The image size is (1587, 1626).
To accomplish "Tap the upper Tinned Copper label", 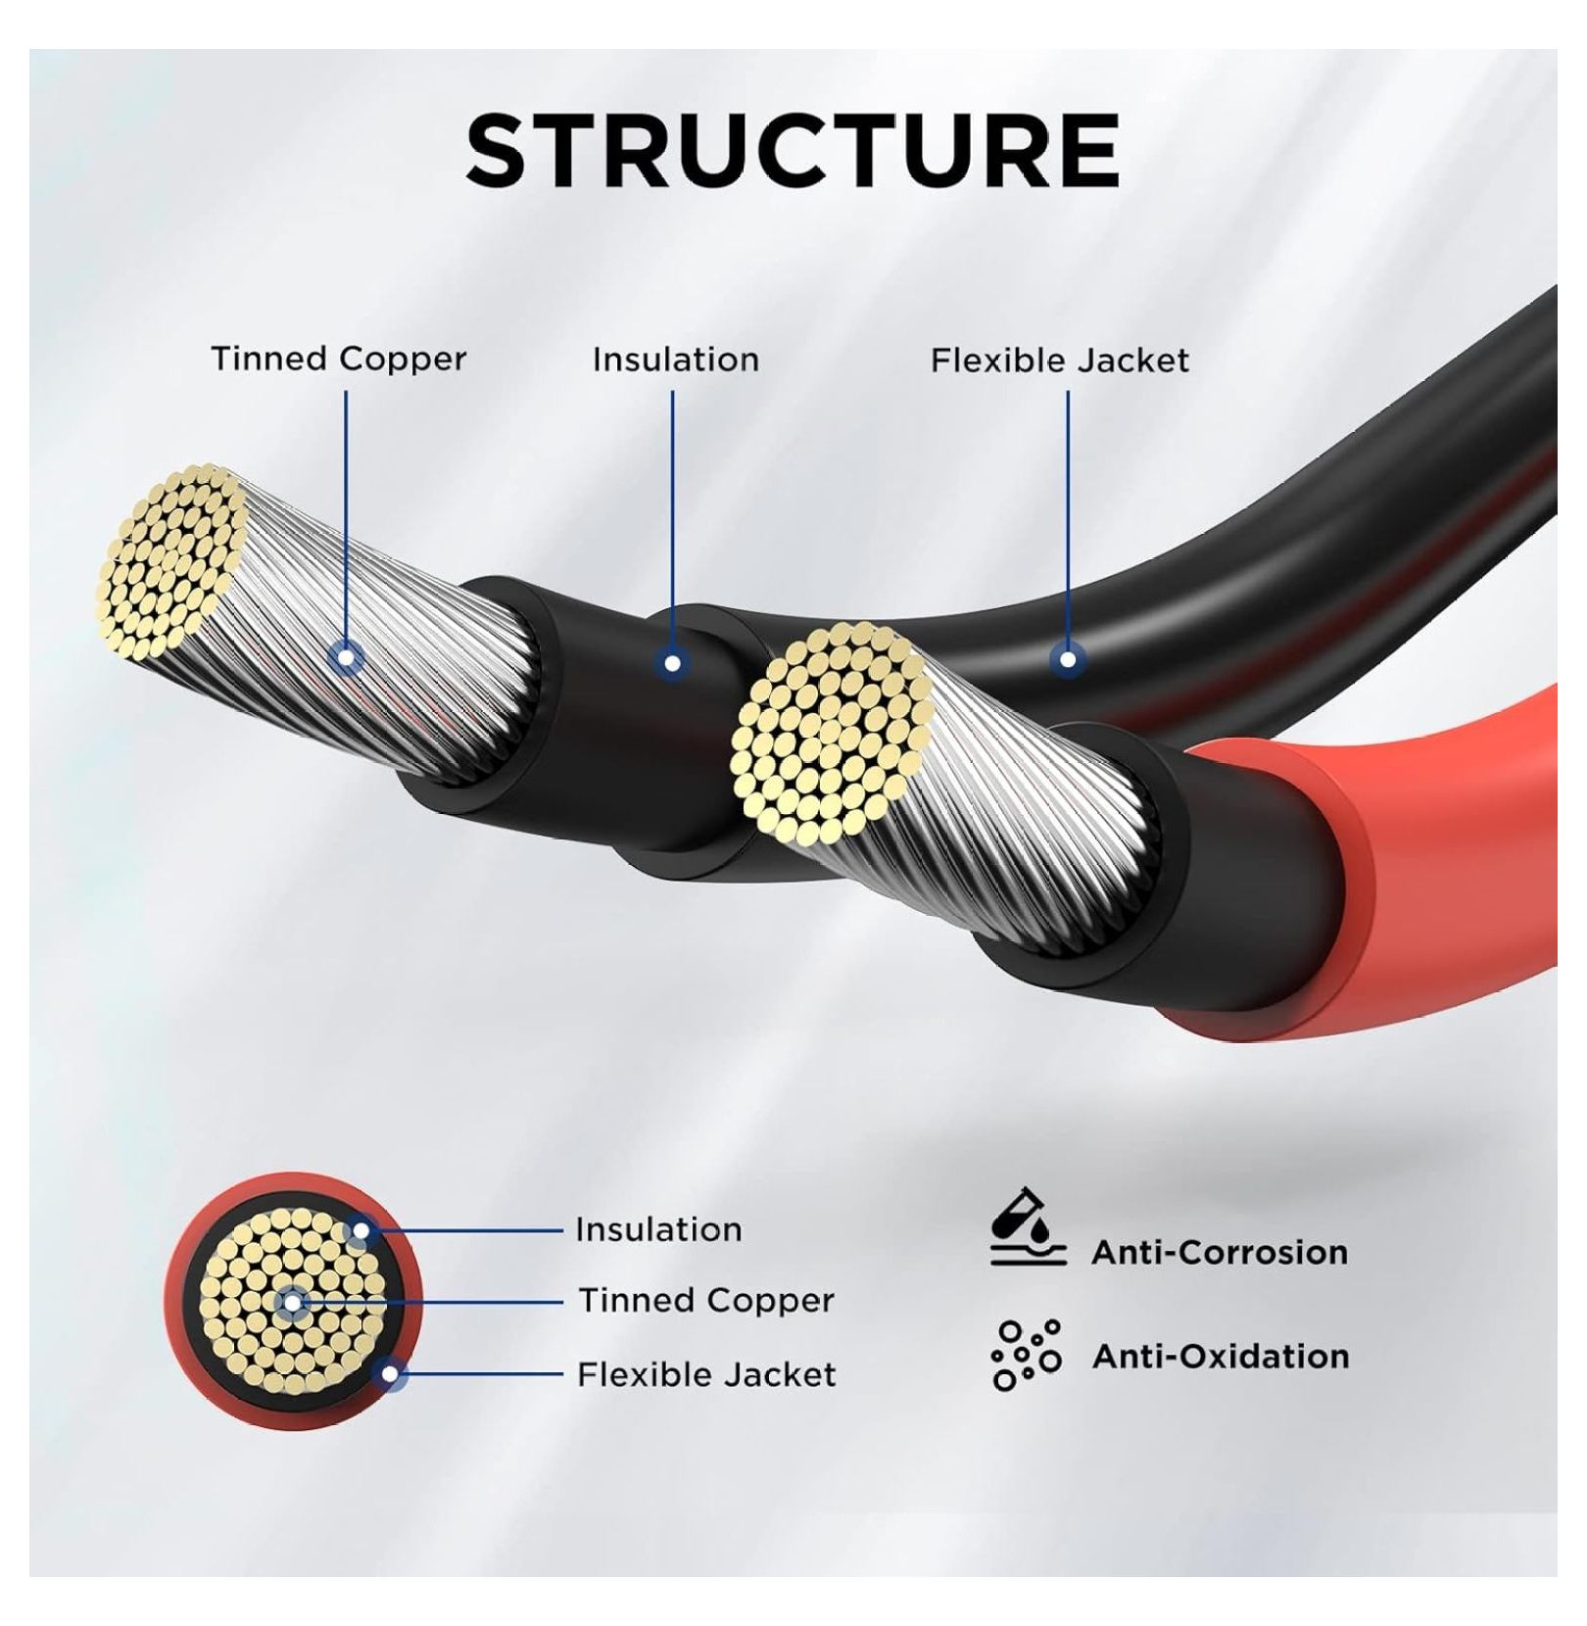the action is pos(339,359).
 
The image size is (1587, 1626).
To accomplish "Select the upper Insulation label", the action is pos(676,359).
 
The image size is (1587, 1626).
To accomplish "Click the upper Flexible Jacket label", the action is pos(1060,360).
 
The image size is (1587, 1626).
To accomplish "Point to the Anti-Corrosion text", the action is pos(1220,1252).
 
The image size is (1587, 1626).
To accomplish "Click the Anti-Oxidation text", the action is pos(1221,1356).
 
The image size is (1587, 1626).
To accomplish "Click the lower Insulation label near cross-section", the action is pos(658,1229).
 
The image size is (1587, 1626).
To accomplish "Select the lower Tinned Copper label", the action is pos(706,1301).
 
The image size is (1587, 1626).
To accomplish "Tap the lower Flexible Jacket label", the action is pos(706,1374).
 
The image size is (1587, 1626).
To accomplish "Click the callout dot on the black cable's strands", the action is pos(345,656).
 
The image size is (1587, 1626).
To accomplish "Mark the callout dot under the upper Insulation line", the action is pos(672,663).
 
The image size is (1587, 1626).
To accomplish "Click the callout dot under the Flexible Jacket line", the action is pos(1068,659).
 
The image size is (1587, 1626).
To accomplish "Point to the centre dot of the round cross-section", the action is pos(292,1302).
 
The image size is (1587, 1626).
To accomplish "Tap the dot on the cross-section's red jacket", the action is pos(390,1374).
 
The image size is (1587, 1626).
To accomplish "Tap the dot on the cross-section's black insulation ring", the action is pos(361,1230).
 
